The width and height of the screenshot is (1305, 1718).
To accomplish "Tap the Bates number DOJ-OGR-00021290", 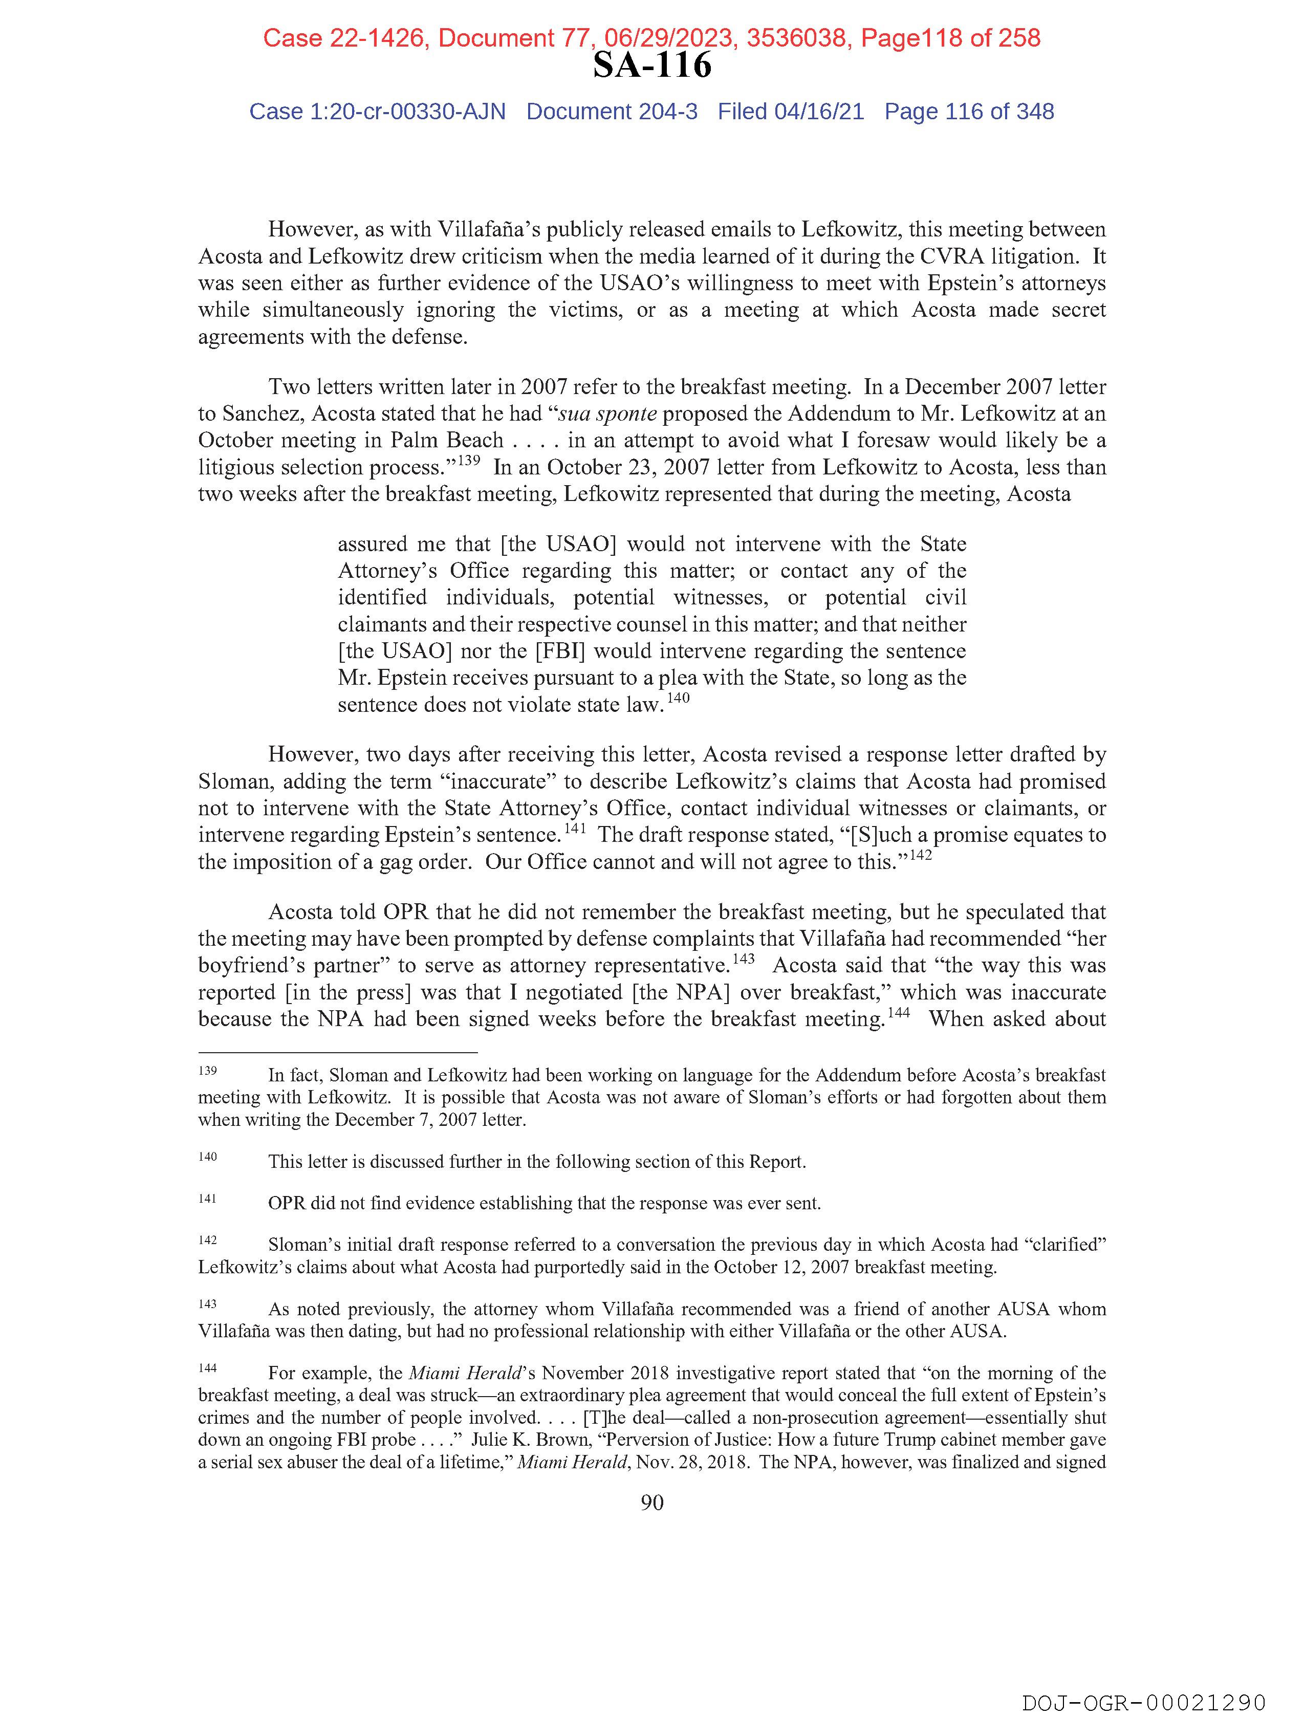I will point(1143,1702).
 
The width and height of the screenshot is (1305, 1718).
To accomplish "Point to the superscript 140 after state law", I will point(678,698).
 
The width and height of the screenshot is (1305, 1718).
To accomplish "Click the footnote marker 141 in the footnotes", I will point(207,1199).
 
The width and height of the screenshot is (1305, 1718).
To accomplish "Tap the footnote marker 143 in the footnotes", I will point(207,1304).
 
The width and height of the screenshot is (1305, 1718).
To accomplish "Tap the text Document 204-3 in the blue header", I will point(612,112).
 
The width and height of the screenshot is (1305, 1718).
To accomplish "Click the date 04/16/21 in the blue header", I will point(819,112).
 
